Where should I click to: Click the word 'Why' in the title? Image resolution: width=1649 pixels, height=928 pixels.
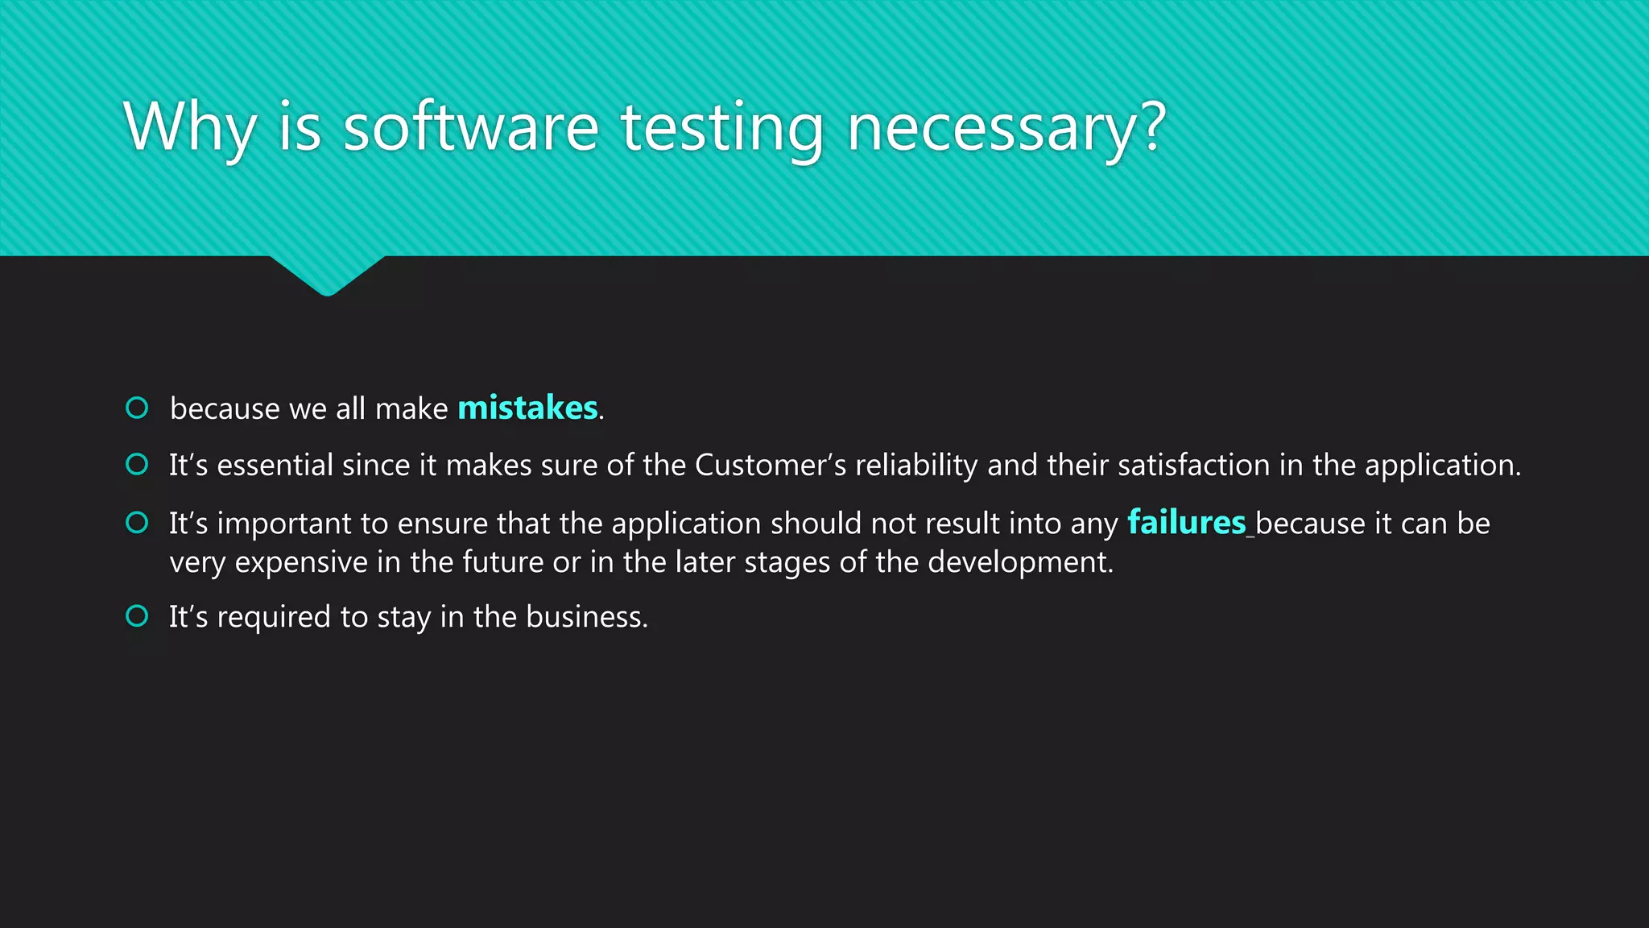(x=190, y=127)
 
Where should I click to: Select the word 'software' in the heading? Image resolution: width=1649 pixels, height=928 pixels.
(x=471, y=127)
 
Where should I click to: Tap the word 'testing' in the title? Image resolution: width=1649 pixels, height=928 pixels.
(x=721, y=127)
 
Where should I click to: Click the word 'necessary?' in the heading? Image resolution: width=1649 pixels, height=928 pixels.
(x=1006, y=127)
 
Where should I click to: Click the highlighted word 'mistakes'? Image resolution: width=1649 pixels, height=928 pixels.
(x=527, y=408)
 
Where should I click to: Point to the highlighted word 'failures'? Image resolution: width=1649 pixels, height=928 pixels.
(x=1186, y=523)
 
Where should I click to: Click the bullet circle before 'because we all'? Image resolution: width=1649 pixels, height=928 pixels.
(x=138, y=408)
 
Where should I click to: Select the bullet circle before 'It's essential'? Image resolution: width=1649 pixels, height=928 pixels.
(x=138, y=464)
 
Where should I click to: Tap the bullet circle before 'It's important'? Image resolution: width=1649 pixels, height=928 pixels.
(x=138, y=523)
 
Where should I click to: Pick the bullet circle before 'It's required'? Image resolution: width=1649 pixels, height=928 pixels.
(x=138, y=616)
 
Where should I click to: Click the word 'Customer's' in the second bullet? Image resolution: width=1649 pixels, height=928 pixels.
(x=770, y=465)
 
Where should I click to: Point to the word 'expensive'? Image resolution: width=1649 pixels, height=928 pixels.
(x=301, y=561)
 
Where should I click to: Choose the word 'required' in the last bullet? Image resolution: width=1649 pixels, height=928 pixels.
(x=274, y=616)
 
